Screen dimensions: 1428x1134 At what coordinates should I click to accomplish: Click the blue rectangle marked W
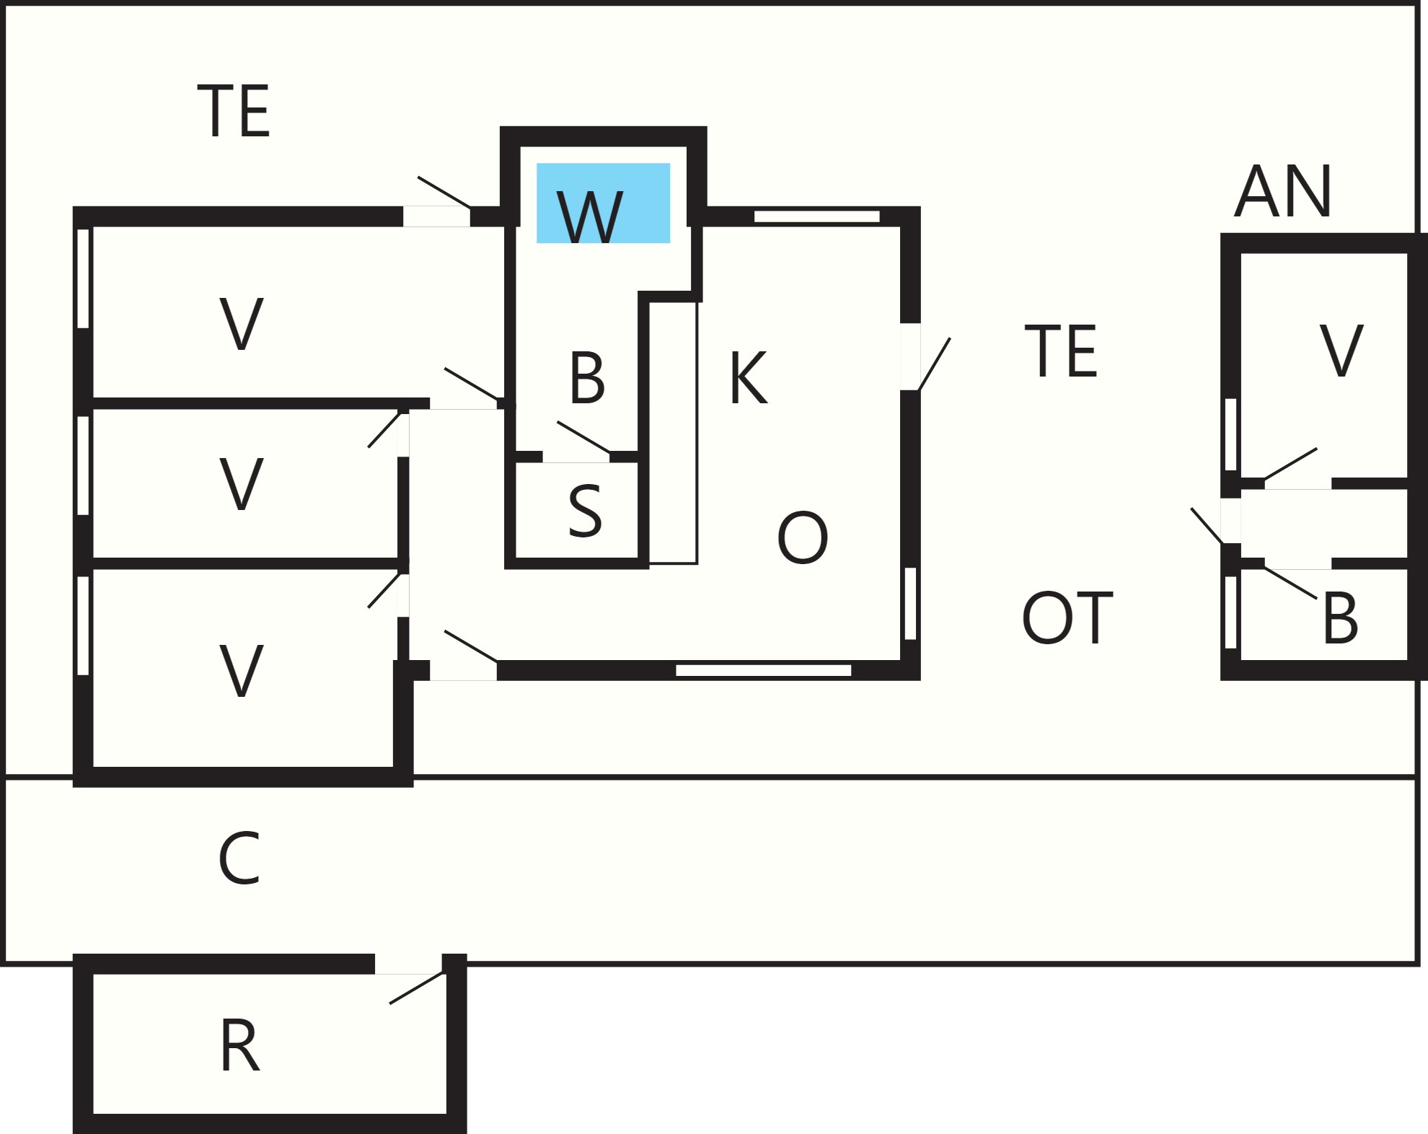coord(603,203)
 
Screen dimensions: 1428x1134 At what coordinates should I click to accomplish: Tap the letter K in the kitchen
coord(748,377)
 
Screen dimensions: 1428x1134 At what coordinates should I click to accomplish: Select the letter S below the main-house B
coord(585,511)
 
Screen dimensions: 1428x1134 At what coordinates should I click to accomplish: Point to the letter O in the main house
coord(802,537)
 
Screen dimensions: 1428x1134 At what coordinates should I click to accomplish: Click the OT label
coord(1067,618)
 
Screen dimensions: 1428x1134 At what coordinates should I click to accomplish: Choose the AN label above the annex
coord(1282,191)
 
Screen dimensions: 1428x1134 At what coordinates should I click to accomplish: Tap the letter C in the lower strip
coord(239,858)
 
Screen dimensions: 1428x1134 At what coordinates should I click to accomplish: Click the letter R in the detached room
coord(239,1046)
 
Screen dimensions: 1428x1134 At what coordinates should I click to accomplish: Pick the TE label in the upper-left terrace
coord(233,110)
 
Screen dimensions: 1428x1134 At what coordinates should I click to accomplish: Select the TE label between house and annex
coord(1061,351)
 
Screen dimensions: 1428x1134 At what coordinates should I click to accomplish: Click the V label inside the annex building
coord(1341,351)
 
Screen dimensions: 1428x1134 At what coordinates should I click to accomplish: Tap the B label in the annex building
coord(1340,619)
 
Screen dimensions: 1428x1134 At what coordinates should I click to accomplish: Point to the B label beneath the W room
coord(586,378)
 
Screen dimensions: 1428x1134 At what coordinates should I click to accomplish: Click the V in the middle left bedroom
coord(241,484)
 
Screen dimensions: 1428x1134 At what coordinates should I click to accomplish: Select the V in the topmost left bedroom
coord(241,324)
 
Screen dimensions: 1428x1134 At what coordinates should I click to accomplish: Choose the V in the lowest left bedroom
coord(241,672)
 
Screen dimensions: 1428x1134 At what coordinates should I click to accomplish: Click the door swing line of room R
coord(417,988)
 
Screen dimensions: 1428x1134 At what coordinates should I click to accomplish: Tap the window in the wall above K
coord(816,216)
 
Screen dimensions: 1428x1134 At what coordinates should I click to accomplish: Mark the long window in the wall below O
coord(763,671)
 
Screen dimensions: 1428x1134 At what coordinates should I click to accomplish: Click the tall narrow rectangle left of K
coord(673,433)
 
